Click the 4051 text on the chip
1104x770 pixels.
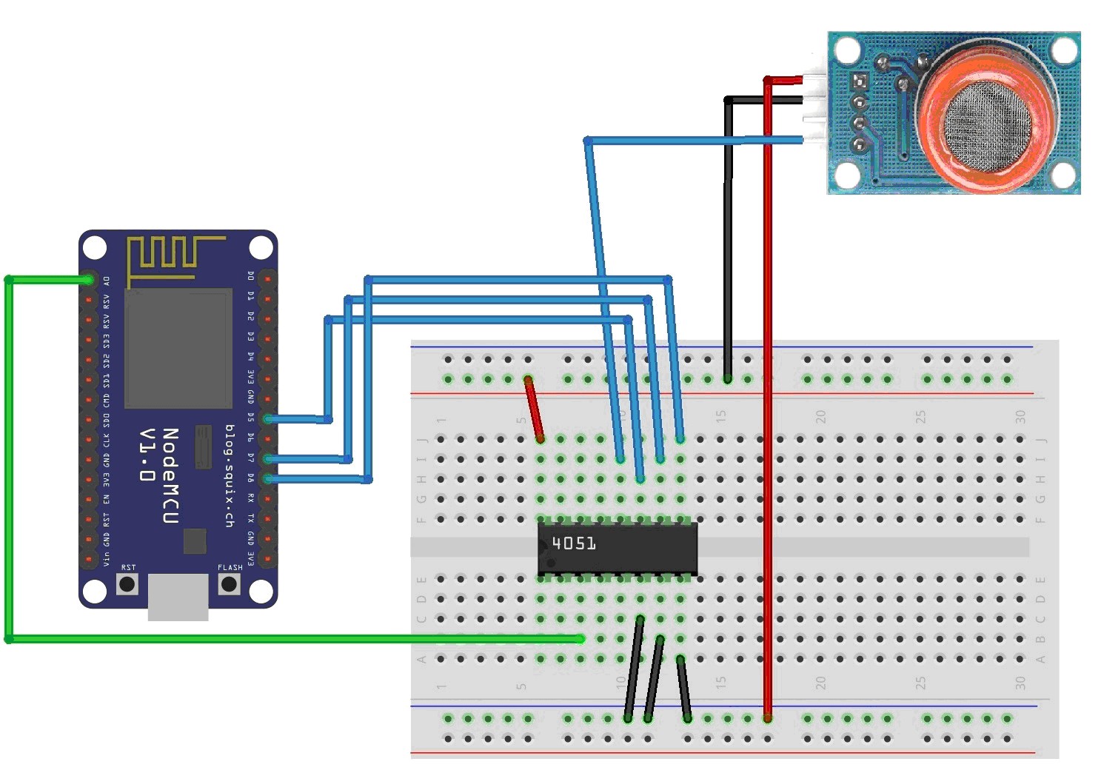click(x=574, y=543)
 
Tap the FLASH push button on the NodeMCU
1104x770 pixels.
click(x=229, y=583)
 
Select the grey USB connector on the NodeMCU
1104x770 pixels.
click(x=178, y=597)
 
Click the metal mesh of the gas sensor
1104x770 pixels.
click(x=984, y=121)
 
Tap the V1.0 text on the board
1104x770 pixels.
click(x=147, y=454)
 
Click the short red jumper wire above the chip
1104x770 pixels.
click(x=534, y=409)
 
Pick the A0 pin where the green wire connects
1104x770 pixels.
click(x=89, y=280)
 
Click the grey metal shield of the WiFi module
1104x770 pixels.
click(x=178, y=349)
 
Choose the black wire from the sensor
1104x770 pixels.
click(x=728, y=244)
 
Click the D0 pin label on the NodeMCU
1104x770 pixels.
click(x=251, y=276)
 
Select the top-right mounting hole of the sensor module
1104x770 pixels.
click(x=1064, y=50)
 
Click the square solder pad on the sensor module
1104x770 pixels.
click(x=860, y=80)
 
